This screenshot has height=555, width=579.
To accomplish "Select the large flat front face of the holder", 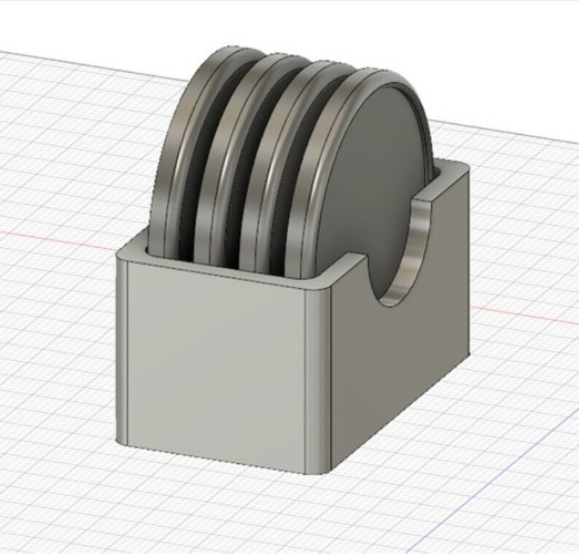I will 215,357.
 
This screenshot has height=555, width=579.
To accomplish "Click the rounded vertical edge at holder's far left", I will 123,350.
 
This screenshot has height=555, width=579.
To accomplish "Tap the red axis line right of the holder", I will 525,314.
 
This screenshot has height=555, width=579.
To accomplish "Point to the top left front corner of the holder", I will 121,252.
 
